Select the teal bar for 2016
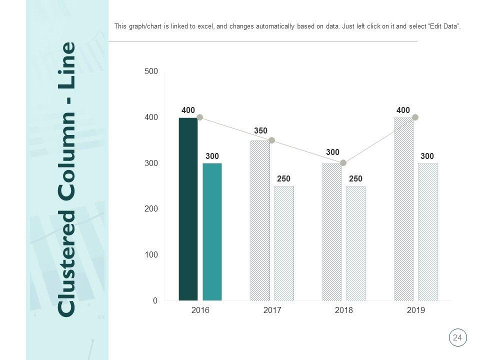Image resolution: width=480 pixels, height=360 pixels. [212, 232]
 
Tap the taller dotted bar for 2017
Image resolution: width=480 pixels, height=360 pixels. [260, 220]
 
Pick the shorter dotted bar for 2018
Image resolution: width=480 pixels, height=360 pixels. [355, 243]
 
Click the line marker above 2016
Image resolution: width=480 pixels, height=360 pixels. [200, 117]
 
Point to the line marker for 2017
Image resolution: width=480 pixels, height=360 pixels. [272, 140]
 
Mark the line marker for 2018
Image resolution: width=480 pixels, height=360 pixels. [343, 163]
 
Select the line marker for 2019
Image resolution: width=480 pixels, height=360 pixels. [415, 117]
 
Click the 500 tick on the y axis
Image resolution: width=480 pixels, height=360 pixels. [151, 71]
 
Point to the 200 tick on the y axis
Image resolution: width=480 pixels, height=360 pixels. [151, 209]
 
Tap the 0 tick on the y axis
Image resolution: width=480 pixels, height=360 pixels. [155, 301]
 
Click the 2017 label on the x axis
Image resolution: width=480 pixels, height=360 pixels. [272, 310]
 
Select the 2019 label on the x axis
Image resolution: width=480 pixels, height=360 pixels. [415, 310]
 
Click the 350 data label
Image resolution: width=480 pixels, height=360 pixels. [260, 130]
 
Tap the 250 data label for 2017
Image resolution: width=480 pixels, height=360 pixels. [283, 178]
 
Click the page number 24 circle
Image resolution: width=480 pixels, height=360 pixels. [457, 338]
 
